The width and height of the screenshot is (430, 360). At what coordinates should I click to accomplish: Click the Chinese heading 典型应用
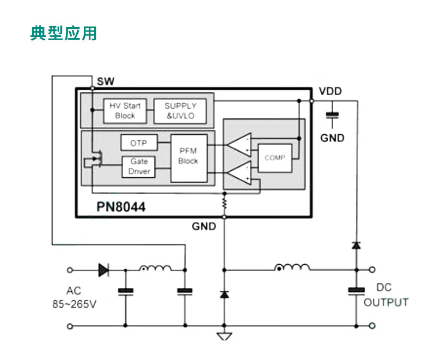click(64, 33)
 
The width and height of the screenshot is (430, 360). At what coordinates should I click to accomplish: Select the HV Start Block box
click(125, 111)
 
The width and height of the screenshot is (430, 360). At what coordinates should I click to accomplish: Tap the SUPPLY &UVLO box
click(181, 111)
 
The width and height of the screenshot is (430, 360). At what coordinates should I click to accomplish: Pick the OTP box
click(139, 143)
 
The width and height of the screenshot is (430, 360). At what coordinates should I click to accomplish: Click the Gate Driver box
click(139, 167)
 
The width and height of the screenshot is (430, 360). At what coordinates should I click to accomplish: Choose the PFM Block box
click(188, 157)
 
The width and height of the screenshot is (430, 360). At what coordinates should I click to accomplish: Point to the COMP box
click(275, 158)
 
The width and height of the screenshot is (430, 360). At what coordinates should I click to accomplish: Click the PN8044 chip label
click(121, 207)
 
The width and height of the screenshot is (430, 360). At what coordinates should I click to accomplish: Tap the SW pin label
click(106, 82)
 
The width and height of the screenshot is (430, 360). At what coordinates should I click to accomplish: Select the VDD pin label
click(330, 91)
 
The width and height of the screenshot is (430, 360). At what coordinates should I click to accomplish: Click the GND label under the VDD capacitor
click(332, 138)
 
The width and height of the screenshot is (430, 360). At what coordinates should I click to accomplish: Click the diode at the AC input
click(103, 269)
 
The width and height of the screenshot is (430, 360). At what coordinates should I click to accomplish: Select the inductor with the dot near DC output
click(292, 268)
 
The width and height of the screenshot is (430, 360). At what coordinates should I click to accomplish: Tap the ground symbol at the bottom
click(224, 337)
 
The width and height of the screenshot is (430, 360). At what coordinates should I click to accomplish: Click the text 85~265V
click(75, 305)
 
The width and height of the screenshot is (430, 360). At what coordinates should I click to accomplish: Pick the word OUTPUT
click(386, 303)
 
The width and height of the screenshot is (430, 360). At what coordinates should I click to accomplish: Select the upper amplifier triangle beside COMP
click(239, 144)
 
